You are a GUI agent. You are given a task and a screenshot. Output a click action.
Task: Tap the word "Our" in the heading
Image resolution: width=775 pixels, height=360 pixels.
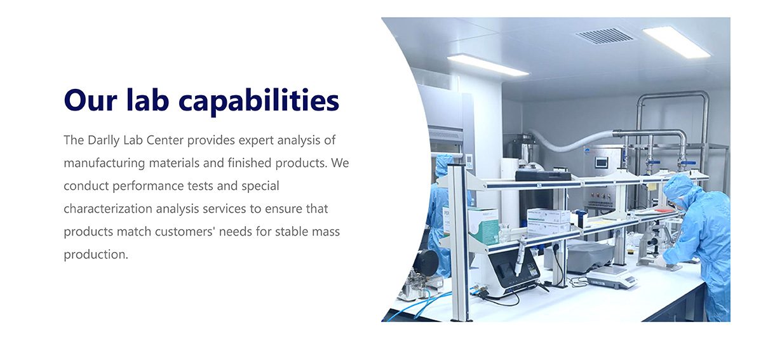point(90,100)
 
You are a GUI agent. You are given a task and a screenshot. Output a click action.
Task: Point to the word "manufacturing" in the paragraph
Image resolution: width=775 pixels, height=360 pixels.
point(104,163)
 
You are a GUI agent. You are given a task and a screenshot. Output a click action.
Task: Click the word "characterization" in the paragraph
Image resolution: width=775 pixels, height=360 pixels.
point(107,209)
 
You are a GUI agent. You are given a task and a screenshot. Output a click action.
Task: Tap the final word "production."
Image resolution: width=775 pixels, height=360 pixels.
point(96,255)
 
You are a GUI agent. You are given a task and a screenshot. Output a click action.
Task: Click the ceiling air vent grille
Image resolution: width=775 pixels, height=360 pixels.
point(604,36)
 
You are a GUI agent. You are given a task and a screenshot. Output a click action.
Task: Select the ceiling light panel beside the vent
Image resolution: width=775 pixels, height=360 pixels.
point(677,41)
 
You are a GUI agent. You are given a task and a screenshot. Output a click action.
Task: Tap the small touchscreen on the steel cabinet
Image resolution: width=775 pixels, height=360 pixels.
point(602,162)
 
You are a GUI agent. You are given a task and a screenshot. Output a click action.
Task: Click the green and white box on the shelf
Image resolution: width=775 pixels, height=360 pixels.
point(483,226)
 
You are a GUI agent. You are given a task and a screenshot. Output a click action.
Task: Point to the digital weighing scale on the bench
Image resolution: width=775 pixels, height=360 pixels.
point(612,277)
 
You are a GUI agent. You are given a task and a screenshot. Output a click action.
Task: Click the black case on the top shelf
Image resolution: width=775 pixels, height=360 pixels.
point(542,176)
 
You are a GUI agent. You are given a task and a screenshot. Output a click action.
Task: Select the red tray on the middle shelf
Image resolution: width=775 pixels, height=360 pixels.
point(664,210)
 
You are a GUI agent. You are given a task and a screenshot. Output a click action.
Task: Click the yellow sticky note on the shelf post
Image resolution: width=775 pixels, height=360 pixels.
point(652,187)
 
